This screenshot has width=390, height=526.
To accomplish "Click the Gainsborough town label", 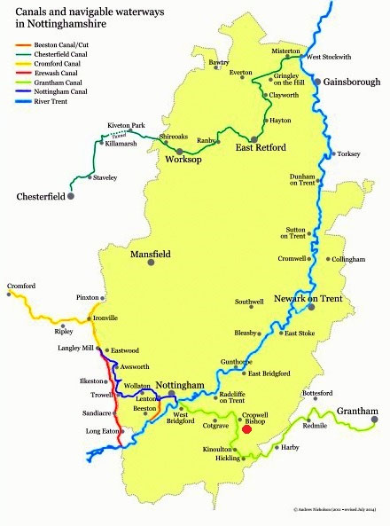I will pyautogui.click(x=352, y=82).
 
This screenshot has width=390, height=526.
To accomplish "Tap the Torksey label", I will pyautogui.click(x=347, y=153).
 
